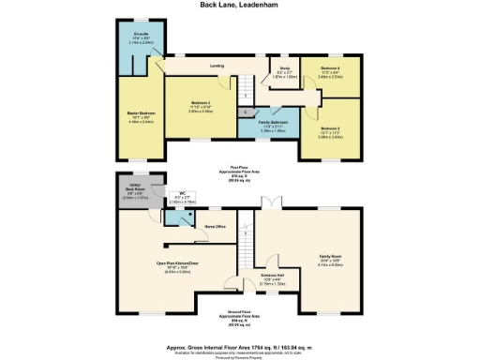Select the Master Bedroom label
tap(141, 116)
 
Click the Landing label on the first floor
tap(217, 67)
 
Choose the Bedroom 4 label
tap(330, 70)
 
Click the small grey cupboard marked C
tap(245, 112)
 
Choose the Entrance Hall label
tap(273, 277)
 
